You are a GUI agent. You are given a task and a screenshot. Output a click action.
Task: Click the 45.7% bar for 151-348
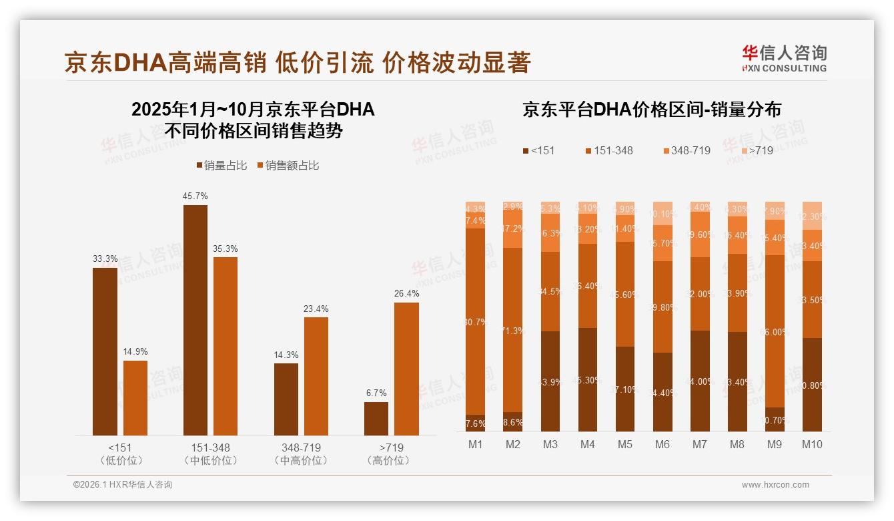195,320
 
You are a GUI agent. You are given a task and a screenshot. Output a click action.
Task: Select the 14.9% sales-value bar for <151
135,398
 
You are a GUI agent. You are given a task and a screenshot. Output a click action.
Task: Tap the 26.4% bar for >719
406,369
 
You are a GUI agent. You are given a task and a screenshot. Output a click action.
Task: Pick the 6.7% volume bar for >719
376,419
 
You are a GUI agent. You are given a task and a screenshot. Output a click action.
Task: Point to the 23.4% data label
316,309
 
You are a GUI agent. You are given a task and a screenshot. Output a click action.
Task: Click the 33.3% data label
105,259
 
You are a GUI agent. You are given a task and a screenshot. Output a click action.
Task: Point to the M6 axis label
662,444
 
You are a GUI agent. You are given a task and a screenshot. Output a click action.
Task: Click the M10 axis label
812,444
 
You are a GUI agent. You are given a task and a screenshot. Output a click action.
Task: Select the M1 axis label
476,444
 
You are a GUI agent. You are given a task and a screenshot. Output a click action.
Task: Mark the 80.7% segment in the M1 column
476,321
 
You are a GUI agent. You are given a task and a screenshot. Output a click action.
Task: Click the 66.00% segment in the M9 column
775,331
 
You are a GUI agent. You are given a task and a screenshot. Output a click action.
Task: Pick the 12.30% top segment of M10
812,216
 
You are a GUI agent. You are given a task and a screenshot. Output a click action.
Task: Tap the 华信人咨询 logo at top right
784,58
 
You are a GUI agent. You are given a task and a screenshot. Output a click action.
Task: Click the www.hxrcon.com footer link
775,485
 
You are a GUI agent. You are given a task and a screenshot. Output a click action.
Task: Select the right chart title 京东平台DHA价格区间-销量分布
652,110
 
